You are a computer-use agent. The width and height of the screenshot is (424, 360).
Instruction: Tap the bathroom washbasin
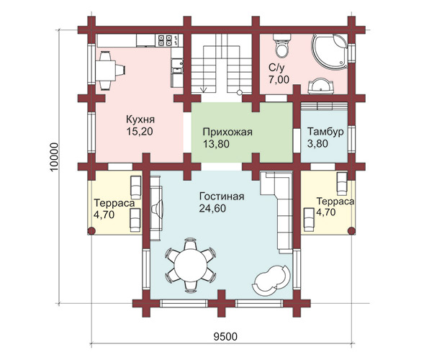pos(320,86)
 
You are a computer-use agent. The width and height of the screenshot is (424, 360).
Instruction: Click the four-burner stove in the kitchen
pos(166,40)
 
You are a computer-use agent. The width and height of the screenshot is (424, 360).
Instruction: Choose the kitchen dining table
pos(105,71)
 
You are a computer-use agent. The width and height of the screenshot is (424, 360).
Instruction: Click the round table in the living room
pos(191,266)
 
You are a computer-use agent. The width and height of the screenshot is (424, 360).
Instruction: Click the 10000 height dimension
pos(54,157)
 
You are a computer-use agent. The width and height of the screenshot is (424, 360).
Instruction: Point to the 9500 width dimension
pos(225,337)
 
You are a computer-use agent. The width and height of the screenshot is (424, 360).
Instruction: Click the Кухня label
pos(140,120)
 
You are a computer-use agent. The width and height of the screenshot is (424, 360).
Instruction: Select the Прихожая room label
pos(227,132)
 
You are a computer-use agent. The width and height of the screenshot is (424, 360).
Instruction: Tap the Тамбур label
pos(325,132)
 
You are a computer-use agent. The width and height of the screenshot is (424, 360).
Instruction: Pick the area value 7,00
pos(279,80)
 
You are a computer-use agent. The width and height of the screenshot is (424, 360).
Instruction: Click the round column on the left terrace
pos(91,230)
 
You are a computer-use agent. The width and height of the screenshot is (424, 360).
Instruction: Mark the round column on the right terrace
pos(351,230)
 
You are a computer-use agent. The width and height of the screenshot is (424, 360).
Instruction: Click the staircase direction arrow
pos(203,90)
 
